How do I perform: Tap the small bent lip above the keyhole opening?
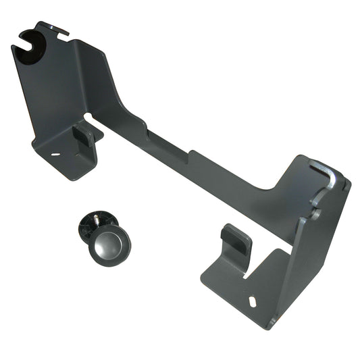(x=55, y=28)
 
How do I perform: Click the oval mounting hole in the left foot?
(x=55, y=154)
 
